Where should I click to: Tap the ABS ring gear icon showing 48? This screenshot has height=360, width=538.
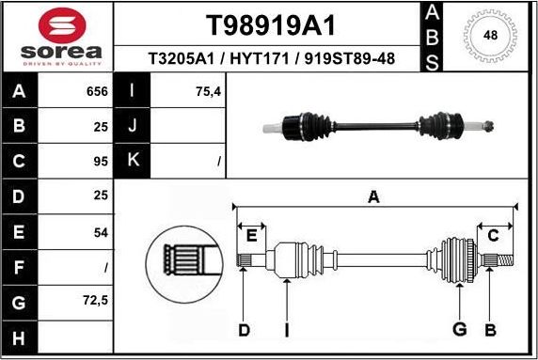[x=490, y=36]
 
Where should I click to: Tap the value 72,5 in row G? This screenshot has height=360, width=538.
[x=95, y=302]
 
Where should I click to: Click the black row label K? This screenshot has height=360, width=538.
[x=133, y=161]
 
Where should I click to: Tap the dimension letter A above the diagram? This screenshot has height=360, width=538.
[x=373, y=197]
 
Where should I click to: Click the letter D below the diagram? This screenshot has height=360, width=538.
[x=243, y=329]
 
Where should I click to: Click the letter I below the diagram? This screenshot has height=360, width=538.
[x=286, y=329]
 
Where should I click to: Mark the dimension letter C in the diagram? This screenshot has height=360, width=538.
[x=493, y=235]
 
